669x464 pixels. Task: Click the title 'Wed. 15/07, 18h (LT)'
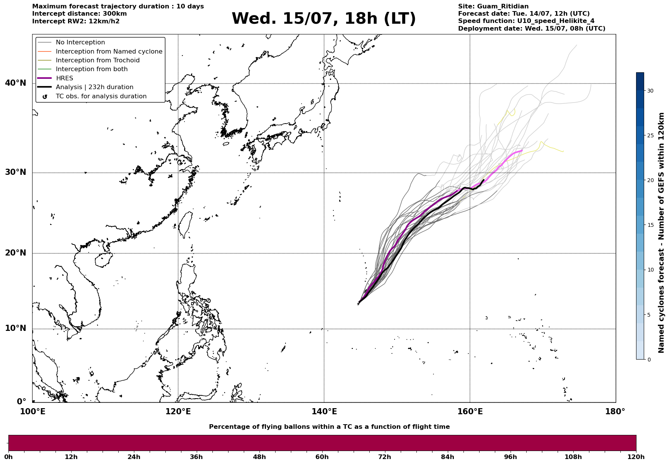(323, 19)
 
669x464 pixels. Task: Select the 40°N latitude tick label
(16, 83)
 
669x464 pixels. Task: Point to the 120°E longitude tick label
(178, 412)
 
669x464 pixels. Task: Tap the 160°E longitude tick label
(470, 412)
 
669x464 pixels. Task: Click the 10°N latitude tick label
(16, 328)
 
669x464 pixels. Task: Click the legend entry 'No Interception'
(80, 42)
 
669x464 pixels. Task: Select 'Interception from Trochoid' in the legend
(98, 60)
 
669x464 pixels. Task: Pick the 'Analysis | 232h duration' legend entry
(95, 87)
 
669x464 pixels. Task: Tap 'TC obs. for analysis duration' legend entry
(101, 96)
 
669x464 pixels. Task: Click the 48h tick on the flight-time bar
(259, 457)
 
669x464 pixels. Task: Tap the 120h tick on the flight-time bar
(636, 457)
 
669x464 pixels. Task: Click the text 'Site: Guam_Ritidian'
(493, 7)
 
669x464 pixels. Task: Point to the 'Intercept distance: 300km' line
(80, 14)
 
